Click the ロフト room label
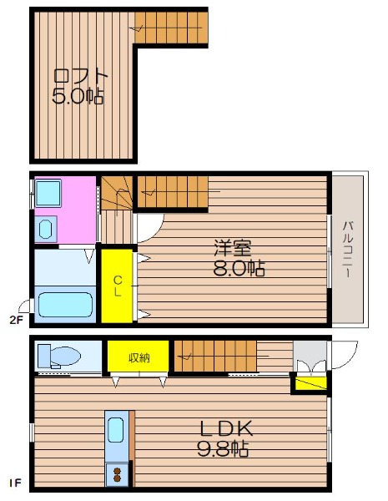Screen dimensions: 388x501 pyautogui.click(x=80, y=76)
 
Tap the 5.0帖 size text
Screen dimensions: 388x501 pyautogui.click(x=78, y=96)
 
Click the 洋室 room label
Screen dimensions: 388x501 pyautogui.click(x=233, y=248)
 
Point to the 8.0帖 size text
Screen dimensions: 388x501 pyautogui.click(x=239, y=268)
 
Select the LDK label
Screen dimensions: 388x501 pyautogui.click(x=226, y=429)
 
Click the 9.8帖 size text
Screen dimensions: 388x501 pyautogui.click(x=223, y=448)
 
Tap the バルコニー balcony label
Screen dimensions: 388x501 pyautogui.click(x=348, y=250)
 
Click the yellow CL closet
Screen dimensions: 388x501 pyautogui.click(x=117, y=286)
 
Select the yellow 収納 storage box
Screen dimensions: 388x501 pyautogui.click(x=138, y=357)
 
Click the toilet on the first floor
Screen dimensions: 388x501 pyautogui.click(x=58, y=356)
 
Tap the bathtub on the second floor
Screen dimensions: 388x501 pyautogui.click(x=65, y=305)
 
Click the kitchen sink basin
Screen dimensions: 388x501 pyautogui.click(x=115, y=430)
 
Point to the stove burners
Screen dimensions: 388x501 pyautogui.click(x=118, y=475)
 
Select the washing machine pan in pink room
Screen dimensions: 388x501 pyautogui.click(x=48, y=193)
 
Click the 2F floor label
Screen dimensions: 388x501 pyautogui.click(x=17, y=320)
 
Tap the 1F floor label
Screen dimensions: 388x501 pyautogui.click(x=15, y=483)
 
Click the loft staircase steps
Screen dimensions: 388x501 pyautogui.click(x=171, y=28)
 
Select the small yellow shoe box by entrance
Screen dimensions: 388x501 pyautogui.click(x=310, y=383)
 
